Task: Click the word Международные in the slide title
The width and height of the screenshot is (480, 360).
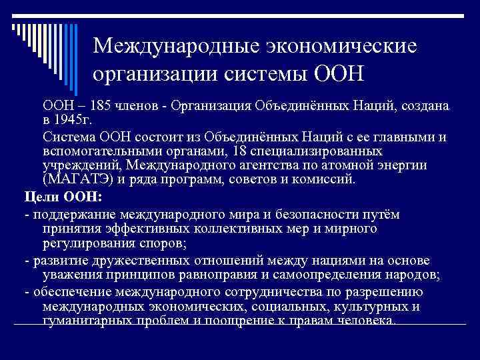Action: [170, 47]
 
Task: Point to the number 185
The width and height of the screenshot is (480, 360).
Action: [97, 106]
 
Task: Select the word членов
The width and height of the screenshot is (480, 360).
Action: [137, 106]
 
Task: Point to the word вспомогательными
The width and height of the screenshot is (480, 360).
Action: [99, 151]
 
